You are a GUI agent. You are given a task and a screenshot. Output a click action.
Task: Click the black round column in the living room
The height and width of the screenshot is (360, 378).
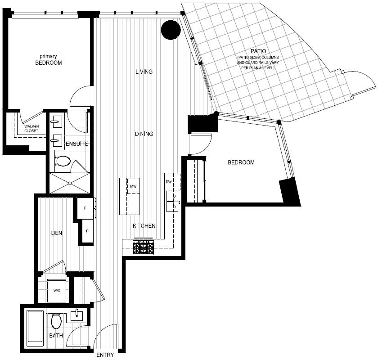pyautogui.click(x=171, y=30)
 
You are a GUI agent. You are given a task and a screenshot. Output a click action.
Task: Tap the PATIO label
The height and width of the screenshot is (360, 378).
pyautogui.click(x=258, y=51)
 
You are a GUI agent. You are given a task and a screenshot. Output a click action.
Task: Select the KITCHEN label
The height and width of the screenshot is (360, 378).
pyautogui.click(x=144, y=226)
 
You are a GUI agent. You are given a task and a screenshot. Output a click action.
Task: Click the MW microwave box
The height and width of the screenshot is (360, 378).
pyautogui.click(x=133, y=186)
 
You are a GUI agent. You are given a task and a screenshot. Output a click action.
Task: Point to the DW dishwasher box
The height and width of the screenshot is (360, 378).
pyautogui.click(x=173, y=181)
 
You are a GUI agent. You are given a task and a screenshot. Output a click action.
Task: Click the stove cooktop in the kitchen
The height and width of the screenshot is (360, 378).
pyautogui.click(x=143, y=247)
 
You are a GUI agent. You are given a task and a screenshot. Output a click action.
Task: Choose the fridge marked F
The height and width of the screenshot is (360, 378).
pyautogui.click(x=85, y=208)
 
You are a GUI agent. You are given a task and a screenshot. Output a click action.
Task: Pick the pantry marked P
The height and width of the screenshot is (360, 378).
pyautogui.click(x=87, y=231)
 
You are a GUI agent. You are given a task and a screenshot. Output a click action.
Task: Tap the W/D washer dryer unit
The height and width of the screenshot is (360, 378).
pyautogui.click(x=57, y=291)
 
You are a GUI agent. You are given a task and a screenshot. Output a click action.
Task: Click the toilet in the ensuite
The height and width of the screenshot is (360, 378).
pyautogui.click(x=63, y=161)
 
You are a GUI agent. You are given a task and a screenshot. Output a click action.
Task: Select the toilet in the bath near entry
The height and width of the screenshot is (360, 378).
pyautogui.click(x=56, y=321)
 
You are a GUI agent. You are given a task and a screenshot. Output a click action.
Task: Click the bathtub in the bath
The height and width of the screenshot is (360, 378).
pyautogui.click(x=36, y=328)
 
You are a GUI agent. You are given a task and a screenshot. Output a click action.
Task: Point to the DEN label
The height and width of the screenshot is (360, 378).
pyautogui.click(x=57, y=233)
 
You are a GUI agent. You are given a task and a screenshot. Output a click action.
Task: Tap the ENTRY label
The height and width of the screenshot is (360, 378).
pyautogui.click(x=105, y=355)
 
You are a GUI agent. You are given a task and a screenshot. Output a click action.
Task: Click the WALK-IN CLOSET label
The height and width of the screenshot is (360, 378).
pyautogui.click(x=31, y=129)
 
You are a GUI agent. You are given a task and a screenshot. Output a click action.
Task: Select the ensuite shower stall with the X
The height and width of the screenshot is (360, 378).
pyautogui.click(x=70, y=183)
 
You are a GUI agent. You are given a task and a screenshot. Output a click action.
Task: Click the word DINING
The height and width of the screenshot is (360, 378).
pyautogui.click(x=144, y=134)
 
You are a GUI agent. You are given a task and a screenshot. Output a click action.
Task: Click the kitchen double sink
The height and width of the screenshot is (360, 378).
pyautogui.click(x=173, y=201)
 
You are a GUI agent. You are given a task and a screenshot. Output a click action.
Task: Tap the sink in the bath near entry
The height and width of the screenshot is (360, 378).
pyautogui.click(x=77, y=316)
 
